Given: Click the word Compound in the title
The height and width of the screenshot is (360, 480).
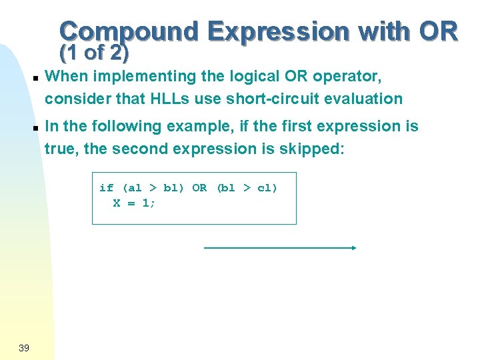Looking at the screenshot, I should tap(129, 31).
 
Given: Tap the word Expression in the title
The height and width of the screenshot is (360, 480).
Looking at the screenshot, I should tap(279, 31).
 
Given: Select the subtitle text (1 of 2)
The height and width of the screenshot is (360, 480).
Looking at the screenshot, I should tap(94, 52).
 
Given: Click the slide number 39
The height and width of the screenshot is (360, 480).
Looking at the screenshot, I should tap(24, 348).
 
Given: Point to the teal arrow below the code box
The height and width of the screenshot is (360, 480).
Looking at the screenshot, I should tap(280, 247).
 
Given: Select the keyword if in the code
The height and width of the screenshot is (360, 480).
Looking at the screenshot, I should tap(106, 188).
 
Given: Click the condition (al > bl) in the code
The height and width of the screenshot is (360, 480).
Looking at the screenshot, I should tap(153, 188).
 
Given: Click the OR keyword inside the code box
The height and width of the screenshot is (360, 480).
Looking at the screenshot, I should tap(199, 188).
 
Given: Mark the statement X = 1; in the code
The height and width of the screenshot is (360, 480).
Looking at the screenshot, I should tap(134, 203).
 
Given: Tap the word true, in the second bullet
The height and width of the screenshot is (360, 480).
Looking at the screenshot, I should tap(62, 149).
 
